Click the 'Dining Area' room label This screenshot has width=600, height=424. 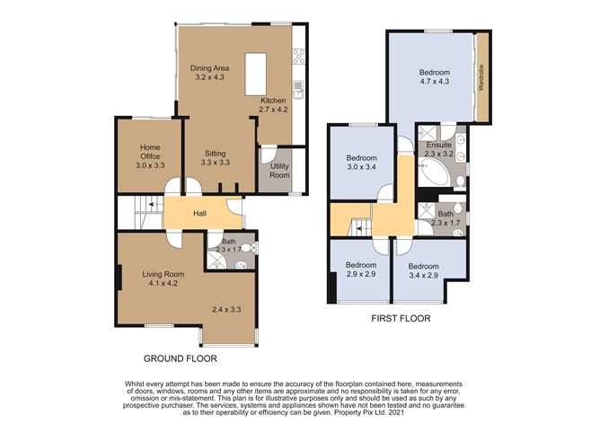coord(209,68)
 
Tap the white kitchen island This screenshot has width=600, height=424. coord(256,75)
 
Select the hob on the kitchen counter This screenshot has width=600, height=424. coord(298,57)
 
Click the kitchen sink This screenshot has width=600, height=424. coord(298,90)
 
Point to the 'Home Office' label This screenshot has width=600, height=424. coord(150,152)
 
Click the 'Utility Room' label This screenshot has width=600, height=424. coord(279,171)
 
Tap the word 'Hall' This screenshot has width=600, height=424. coord(199,213)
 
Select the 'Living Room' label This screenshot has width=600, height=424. coord(163,274)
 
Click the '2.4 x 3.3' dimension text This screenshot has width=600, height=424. coord(226,309)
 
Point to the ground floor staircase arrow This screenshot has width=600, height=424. coord(153,205)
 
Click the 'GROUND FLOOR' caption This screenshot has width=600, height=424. coord(180,358)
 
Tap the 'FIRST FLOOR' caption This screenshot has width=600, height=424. coord(401,318)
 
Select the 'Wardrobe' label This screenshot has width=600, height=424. coord(481,77)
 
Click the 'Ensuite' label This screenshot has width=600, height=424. coord(438,145)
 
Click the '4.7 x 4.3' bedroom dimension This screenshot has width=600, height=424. coord(435,81)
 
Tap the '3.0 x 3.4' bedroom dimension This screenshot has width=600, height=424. coord(361,167)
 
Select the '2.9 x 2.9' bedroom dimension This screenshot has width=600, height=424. coord(361,274)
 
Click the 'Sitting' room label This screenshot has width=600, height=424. coord(215,153)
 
